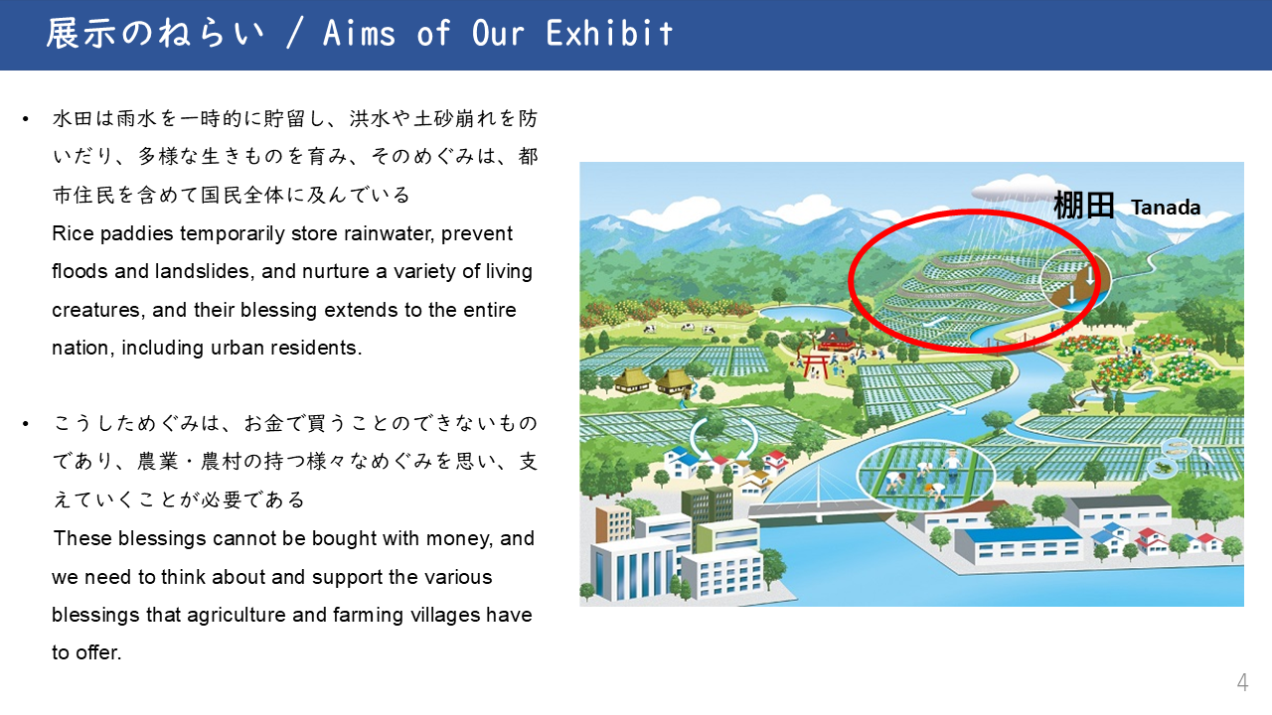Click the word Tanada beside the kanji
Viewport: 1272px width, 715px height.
coord(1166,208)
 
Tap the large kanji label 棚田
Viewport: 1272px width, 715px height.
coord(1084,206)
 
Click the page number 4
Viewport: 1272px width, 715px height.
coord(1242,682)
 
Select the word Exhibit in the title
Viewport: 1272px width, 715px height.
coord(609,34)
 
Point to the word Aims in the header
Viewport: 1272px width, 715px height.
coord(359,34)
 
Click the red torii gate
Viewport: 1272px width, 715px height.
coord(814,364)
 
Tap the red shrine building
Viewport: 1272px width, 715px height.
coord(835,340)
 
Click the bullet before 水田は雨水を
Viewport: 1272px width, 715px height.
coord(25,119)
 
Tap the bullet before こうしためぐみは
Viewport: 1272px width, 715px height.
coord(25,424)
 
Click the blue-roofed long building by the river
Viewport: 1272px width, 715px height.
coord(1020,545)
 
